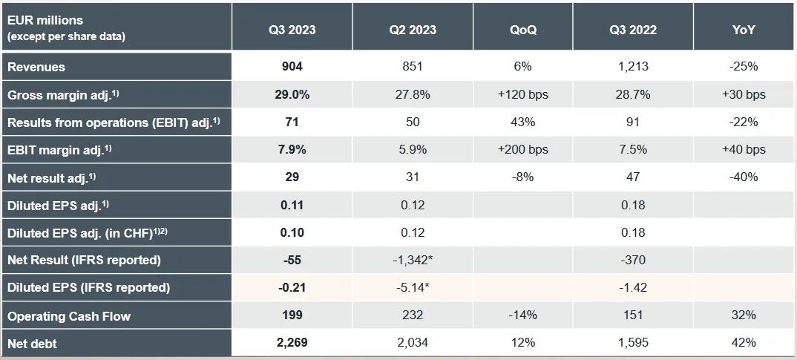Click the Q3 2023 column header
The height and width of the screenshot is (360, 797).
[x=292, y=30]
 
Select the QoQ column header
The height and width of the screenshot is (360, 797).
[x=523, y=30]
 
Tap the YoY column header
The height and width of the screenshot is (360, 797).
[x=744, y=30]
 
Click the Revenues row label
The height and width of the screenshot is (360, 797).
[x=36, y=67]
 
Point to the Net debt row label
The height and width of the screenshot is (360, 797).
[x=32, y=344]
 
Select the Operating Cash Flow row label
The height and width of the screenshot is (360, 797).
[x=68, y=316]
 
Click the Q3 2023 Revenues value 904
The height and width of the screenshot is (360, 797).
[x=292, y=67]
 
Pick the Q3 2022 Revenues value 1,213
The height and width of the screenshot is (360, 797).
[x=633, y=67]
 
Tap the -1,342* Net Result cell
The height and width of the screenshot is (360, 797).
[x=412, y=261]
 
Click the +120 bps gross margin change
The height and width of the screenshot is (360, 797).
[x=523, y=94]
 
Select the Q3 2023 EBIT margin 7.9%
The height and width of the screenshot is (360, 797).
[x=292, y=150]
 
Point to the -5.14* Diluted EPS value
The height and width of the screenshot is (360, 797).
[x=412, y=288]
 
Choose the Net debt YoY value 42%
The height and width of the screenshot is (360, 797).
[x=744, y=344]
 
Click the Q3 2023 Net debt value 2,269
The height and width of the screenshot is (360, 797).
[x=292, y=344]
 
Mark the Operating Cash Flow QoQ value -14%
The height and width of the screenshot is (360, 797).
[x=523, y=316]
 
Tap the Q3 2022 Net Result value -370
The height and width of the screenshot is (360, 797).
[x=633, y=261]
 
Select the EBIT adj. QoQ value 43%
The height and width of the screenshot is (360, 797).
[x=523, y=122]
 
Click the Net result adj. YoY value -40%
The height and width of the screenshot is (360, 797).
[x=744, y=177]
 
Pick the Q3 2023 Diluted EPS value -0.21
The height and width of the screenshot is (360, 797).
[x=292, y=288]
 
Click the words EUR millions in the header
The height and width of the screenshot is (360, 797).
[x=45, y=22]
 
